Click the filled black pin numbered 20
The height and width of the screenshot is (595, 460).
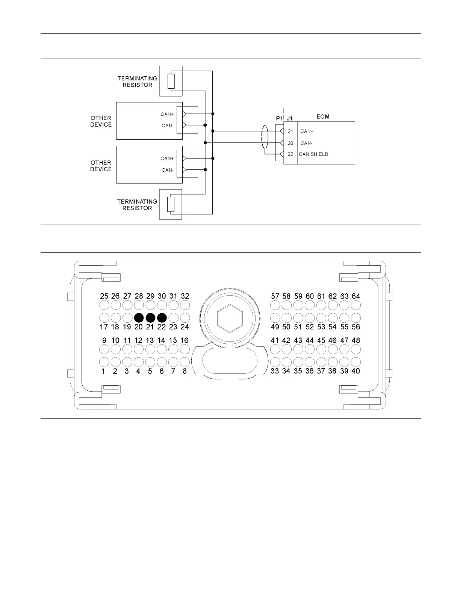pos(139,318)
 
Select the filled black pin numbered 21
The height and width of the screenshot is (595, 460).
pos(150,318)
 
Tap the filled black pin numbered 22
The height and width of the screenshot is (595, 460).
pos(162,318)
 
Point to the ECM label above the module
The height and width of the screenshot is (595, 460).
pos(322,116)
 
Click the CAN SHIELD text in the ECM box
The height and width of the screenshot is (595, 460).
pos(313,154)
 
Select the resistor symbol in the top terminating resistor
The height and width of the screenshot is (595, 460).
pos(171,81)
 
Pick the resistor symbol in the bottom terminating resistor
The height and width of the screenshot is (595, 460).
pos(171,204)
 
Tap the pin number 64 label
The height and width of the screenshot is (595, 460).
pos(356,296)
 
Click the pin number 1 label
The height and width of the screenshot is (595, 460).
pos(103,371)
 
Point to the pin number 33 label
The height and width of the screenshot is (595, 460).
pos(275,371)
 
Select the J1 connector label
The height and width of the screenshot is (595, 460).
pos(289,118)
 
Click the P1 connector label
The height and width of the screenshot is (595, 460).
pos(279,118)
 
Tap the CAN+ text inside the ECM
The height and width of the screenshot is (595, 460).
pos(307,131)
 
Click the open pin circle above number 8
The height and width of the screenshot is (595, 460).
pos(185,362)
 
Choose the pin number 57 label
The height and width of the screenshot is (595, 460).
pos(275,296)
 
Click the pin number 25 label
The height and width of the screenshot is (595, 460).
pos(104,296)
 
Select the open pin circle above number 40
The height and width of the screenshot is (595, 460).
pos(356,362)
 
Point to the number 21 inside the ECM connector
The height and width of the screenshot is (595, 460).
pos(290,131)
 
